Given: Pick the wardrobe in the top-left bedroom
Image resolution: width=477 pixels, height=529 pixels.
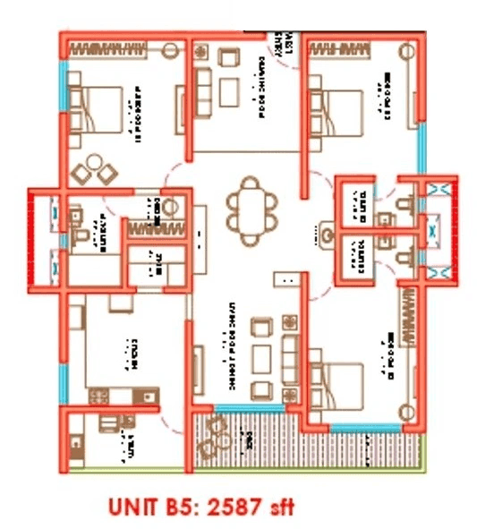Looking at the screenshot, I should click(x=123, y=46).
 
